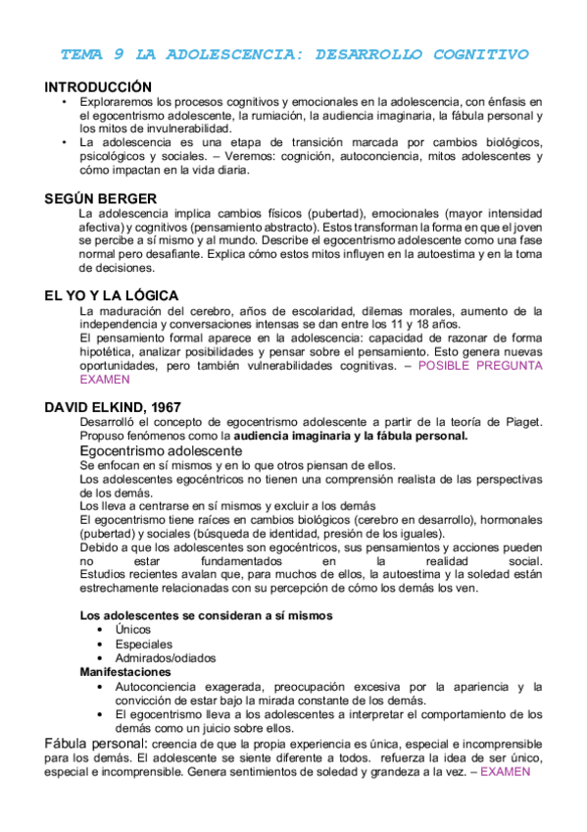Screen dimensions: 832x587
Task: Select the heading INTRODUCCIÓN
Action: pos(98,87)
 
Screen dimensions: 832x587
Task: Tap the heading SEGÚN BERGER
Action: pos(100,198)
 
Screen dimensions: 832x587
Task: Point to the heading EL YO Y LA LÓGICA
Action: pos(112,295)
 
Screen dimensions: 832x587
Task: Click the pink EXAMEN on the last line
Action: pos(505,771)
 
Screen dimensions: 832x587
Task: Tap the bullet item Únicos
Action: pos(134,630)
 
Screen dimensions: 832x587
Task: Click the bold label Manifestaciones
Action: pos(124,673)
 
